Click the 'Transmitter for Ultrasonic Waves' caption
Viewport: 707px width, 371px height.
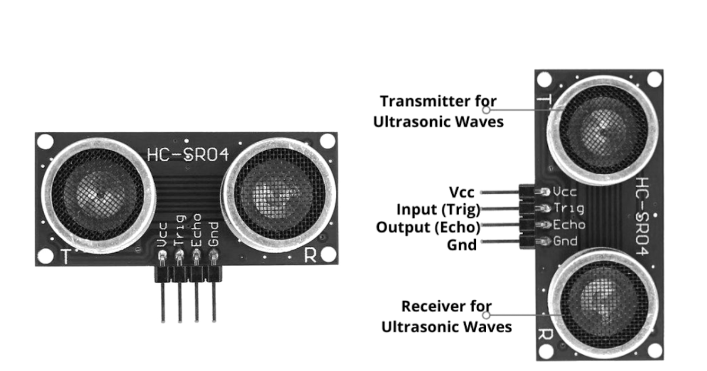click(x=438, y=111)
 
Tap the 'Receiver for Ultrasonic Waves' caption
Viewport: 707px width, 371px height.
click(x=447, y=316)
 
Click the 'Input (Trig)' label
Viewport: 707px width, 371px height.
click(x=438, y=210)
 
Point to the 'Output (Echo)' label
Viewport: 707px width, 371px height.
click(x=428, y=227)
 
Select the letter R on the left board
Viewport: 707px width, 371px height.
click(x=310, y=256)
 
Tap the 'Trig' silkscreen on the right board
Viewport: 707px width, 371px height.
click(x=569, y=208)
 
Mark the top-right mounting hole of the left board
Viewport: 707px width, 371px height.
click(x=327, y=141)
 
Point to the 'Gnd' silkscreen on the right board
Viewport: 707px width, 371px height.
click(x=566, y=241)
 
